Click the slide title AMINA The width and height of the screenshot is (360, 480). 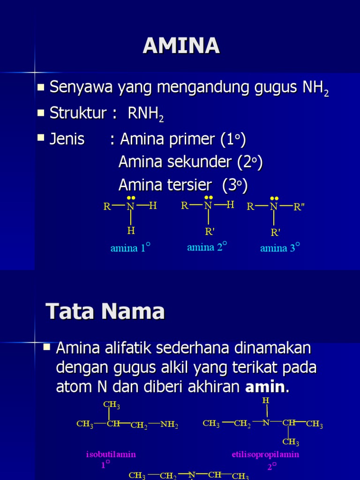point(181,45)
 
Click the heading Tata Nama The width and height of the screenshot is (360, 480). point(105,311)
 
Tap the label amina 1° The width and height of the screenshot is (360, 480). point(130,248)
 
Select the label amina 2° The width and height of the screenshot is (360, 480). point(207,247)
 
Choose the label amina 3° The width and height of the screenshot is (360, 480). point(280,248)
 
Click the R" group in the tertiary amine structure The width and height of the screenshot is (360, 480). point(299,207)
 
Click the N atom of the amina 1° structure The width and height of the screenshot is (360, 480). point(130,207)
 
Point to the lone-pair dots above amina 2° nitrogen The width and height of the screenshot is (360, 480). point(209,197)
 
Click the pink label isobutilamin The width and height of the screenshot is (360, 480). point(111,454)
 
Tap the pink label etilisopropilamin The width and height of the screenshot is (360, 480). point(265,454)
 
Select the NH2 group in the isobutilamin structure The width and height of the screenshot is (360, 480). point(169,425)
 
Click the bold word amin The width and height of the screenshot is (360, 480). point(267,387)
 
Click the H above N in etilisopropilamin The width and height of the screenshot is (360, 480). point(266,401)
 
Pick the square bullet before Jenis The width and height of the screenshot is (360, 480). point(41,138)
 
